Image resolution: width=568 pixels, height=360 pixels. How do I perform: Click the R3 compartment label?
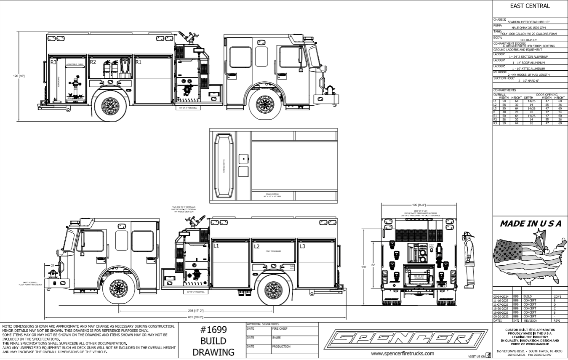[x=53, y=62]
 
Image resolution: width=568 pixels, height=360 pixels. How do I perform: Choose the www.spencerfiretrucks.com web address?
[x=402, y=354]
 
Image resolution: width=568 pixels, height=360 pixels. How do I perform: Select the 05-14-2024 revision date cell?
[x=501, y=296]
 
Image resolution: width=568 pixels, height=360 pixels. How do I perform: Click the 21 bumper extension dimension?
[x=53, y=265]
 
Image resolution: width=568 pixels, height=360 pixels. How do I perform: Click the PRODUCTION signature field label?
[x=282, y=346]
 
